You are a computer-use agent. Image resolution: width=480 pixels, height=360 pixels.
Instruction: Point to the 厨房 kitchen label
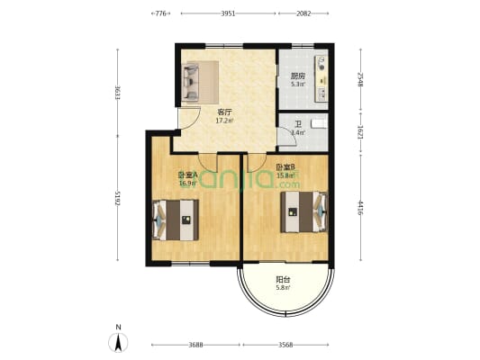coord(297,76)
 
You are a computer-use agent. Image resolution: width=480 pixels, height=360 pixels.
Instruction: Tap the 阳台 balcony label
coord(283,280)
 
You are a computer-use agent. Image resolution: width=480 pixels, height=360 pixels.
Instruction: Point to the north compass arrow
coord(117,342)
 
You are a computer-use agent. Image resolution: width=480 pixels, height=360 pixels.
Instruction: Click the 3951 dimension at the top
coord(228,13)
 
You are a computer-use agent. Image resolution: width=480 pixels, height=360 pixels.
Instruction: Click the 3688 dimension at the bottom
coord(195,345)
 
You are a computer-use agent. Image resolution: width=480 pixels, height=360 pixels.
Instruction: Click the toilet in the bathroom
coord(319,123)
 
